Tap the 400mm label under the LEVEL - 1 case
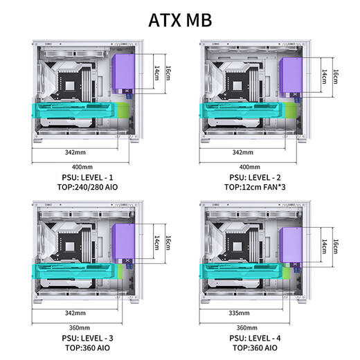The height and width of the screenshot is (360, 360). click(x=82, y=167)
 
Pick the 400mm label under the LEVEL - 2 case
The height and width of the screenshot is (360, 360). click(x=249, y=167)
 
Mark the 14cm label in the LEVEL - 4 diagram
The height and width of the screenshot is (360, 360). click(x=324, y=246)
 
